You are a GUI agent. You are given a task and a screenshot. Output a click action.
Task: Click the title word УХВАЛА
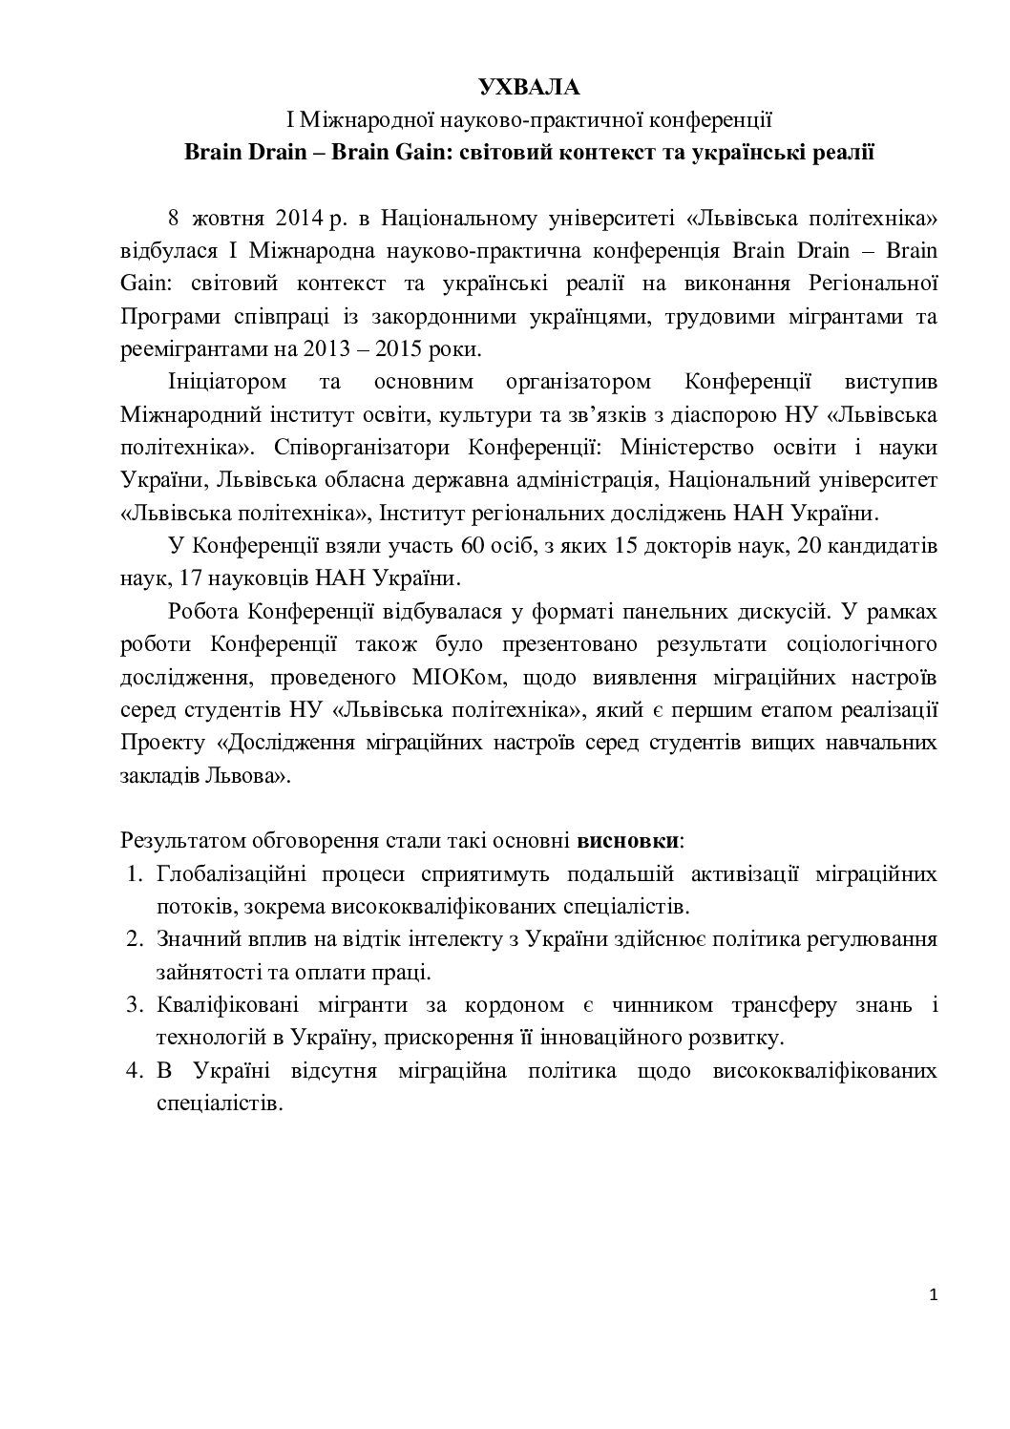[x=528, y=88]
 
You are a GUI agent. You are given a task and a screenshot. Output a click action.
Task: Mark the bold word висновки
[x=628, y=841]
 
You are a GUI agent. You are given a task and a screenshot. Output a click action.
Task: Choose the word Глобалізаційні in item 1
[x=230, y=873]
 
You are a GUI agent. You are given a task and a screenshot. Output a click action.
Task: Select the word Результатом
[x=182, y=841]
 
